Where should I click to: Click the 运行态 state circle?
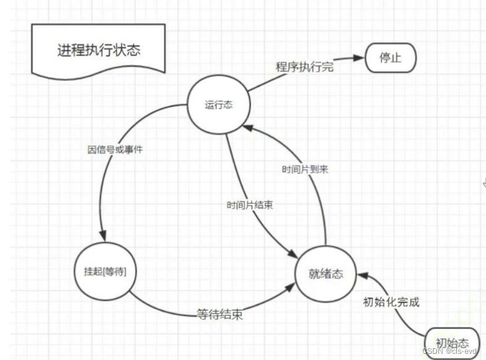tap(218, 105)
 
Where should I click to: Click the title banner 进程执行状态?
tap(99, 50)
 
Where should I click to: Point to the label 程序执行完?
tap(304, 67)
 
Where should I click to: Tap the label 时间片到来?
tap(305, 169)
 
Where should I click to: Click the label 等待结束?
tap(220, 314)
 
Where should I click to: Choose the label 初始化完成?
tap(391, 302)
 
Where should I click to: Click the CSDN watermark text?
tap(450, 351)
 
